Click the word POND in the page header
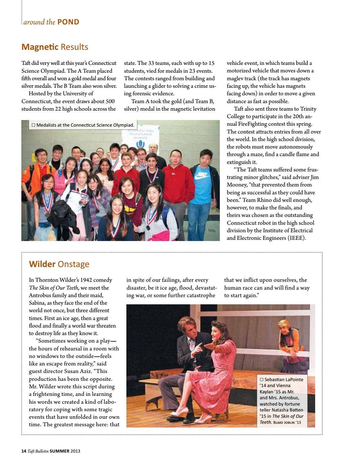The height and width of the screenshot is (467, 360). click(68, 22)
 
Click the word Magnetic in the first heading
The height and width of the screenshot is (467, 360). click(40, 47)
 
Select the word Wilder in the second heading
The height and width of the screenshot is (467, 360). click(42, 264)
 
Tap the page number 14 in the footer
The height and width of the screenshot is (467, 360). click(24, 451)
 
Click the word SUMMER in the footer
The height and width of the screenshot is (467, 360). click(60, 451)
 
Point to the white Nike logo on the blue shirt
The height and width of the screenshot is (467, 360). click(201, 176)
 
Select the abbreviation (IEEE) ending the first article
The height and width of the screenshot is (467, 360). click(296, 238)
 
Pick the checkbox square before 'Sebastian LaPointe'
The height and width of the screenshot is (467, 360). click(262, 380)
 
